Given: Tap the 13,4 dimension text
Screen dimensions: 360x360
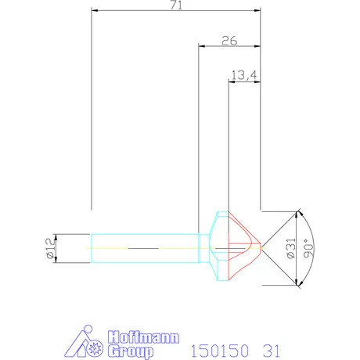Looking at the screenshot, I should click(243, 75).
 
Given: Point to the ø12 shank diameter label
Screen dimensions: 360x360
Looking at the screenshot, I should click(49, 247).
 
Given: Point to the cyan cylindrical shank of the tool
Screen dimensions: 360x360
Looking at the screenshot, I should click(141, 247).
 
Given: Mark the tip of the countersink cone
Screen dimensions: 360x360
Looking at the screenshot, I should click(261, 247).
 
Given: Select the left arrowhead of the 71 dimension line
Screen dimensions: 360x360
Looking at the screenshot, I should click(95, 11).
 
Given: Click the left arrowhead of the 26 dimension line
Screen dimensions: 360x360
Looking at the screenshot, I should click(200, 46).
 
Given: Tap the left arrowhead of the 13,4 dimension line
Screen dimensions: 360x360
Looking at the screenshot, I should click(230, 81).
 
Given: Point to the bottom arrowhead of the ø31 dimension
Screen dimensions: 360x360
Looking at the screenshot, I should click(297, 283).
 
